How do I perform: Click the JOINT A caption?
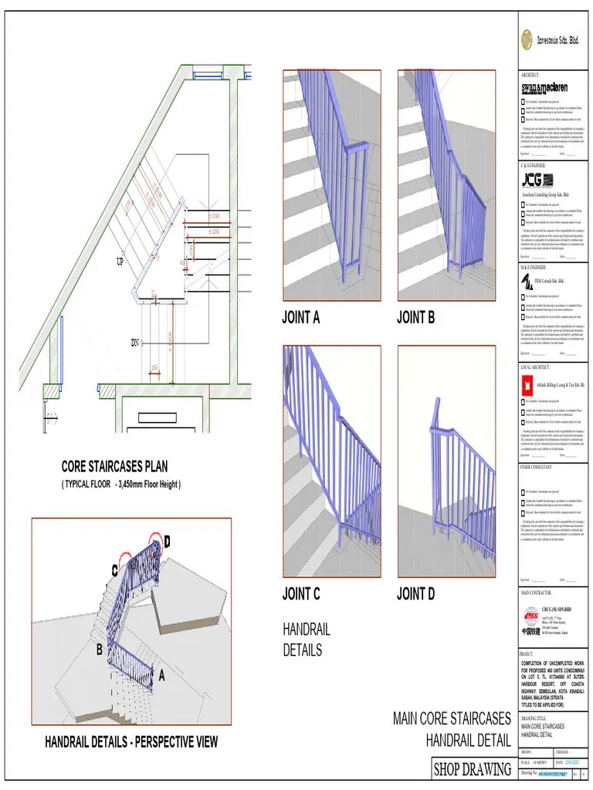pyautogui.click(x=301, y=317)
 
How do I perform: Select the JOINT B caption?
pyautogui.click(x=415, y=317)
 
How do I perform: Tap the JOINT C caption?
pyautogui.click(x=301, y=594)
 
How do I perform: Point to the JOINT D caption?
pyautogui.click(x=415, y=594)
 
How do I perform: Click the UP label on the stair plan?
pyautogui.click(x=120, y=262)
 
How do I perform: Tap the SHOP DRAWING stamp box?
pyautogui.click(x=473, y=769)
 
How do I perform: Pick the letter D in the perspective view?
pyautogui.click(x=167, y=542)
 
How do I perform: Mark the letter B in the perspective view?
pyautogui.click(x=99, y=650)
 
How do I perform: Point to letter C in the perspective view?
pyautogui.click(x=114, y=571)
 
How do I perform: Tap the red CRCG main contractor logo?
pyautogui.click(x=531, y=616)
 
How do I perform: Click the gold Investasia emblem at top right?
pyautogui.click(x=527, y=39)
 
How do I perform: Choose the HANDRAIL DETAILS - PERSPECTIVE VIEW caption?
pyautogui.click(x=131, y=742)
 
